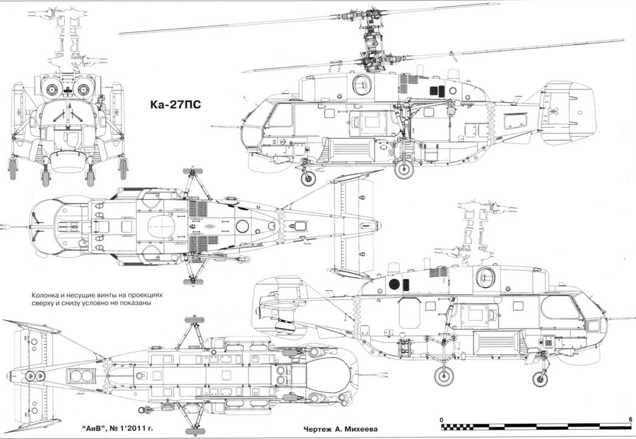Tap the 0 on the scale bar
(x=442, y=419)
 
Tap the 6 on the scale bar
(x=631, y=419)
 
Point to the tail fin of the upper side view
(x=570, y=114)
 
